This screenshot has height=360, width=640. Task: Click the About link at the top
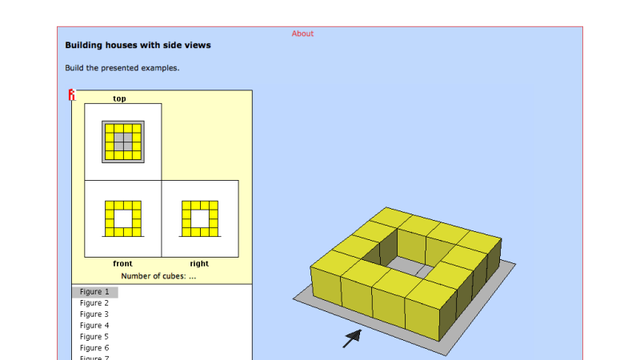[x=302, y=34]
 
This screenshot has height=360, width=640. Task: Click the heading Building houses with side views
[x=138, y=46]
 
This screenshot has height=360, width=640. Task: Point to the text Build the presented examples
[x=122, y=68]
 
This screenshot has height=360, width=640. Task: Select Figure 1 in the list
[x=94, y=292]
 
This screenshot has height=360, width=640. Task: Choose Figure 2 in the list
[x=94, y=303]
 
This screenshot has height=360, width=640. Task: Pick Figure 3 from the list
[x=94, y=314]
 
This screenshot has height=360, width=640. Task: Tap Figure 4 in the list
[x=94, y=326]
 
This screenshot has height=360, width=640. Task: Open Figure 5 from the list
[x=94, y=337]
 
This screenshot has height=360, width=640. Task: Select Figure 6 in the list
[x=94, y=348]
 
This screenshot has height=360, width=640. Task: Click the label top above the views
[x=119, y=98]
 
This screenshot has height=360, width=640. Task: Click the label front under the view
[x=122, y=263]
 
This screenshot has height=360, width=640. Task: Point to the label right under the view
[x=199, y=263]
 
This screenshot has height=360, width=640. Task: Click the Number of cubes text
[x=158, y=276]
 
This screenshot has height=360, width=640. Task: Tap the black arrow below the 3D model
[x=351, y=338]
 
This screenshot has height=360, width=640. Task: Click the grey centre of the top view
[x=122, y=142]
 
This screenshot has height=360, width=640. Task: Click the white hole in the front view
[x=122, y=218]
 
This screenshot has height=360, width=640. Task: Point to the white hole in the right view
[x=199, y=218]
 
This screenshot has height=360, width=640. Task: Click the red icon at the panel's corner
[x=71, y=95]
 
